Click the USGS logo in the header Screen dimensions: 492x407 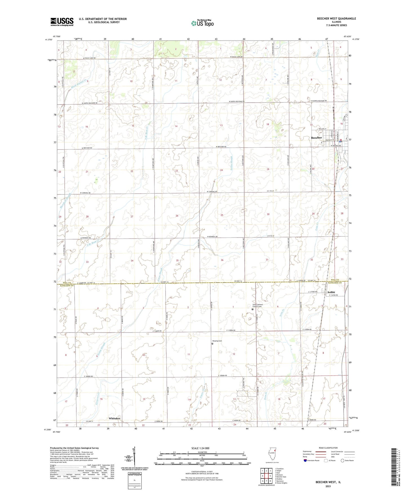click(x=62, y=21)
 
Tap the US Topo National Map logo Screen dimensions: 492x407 click(x=202, y=23)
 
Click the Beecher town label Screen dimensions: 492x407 click(x=316, y=138)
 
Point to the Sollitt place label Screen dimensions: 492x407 click(x=331, y=292)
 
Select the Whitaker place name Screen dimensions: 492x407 click(x=115, y=418)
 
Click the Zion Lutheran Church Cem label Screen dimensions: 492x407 click(x=257, y=305)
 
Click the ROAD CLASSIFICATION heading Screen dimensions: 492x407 click(x=328, y=448)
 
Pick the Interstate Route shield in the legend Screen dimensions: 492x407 click(x=305, y=460)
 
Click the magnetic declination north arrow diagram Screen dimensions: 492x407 click(x=135, y=458)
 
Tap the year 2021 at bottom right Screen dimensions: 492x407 click(x=328, y=486)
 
